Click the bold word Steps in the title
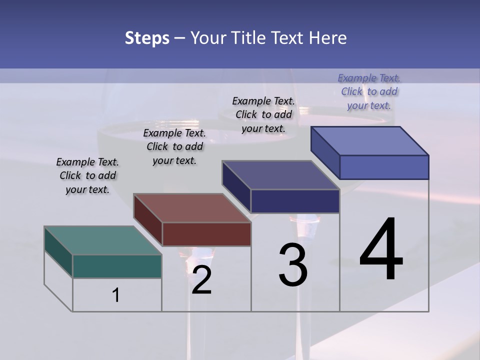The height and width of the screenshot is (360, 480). tap(147, 38)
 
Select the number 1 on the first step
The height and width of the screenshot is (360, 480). tap(116, 295)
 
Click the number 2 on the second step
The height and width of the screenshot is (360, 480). tap(201, 280)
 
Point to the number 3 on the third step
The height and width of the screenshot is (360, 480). tap(293, 265)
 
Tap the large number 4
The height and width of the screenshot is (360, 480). tap(381, 249)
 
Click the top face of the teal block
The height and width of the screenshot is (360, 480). tap(102, 240)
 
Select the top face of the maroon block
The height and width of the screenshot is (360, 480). tap(192, 208)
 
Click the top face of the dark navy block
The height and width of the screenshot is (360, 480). tap(281, 175)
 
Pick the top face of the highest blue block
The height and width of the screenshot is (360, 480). tap(370, 141)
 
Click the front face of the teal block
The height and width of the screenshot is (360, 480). tap(117, 266)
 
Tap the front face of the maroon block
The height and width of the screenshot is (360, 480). tap(206, 234)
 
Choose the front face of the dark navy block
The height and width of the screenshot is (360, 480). tap(295, 201)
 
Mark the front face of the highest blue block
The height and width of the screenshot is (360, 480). tap(384, 167)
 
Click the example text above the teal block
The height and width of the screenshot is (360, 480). tap(87, 175)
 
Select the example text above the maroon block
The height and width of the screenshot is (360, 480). tap(174, 146)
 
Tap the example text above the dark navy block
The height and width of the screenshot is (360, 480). tap(263, 114)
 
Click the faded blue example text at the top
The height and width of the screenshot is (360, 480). tap(369, 91)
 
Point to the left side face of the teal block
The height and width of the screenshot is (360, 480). tap(58, 252)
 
